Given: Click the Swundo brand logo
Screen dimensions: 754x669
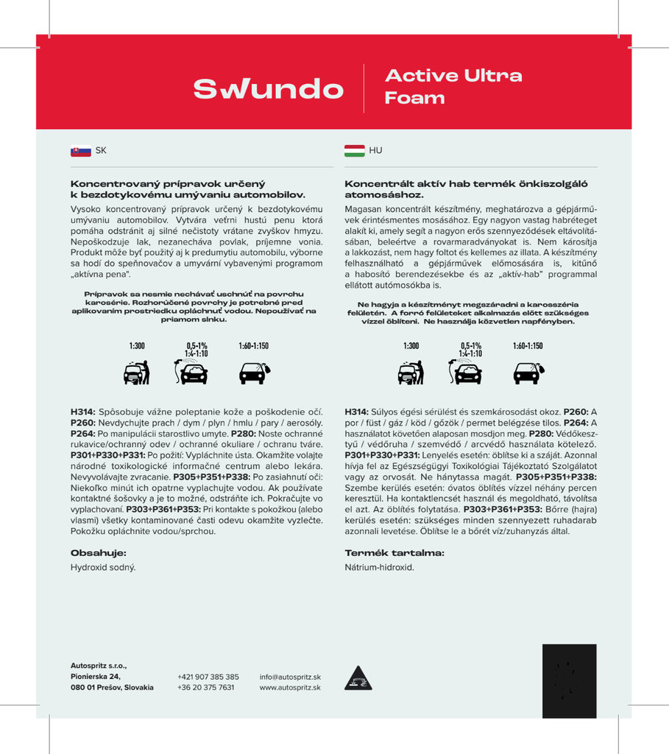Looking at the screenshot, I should (x=268, y=88).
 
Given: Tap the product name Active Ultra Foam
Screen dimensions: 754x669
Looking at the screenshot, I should (x=453, y=87).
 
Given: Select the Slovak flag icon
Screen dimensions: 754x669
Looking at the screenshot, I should (x=80, y=151).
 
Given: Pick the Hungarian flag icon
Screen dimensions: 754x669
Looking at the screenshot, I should (x=354, y=151).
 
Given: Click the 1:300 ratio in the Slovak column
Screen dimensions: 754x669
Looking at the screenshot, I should (x=137, y=345).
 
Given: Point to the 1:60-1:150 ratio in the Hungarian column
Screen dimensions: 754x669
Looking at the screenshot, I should (x=528, y=345).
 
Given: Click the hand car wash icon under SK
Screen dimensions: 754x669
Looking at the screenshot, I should (x=137, y=373).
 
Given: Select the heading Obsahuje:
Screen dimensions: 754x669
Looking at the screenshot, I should (x=99, y=552).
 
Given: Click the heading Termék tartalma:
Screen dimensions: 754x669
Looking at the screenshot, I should (x=394, y=552).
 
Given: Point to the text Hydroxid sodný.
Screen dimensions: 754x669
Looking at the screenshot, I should (x=103, y=568).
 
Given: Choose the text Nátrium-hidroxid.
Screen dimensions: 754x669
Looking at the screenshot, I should (x=380, y=568).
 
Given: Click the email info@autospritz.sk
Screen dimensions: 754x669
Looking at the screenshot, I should (x=290, y=677).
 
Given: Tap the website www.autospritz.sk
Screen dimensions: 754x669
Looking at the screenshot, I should (x=290, y=687).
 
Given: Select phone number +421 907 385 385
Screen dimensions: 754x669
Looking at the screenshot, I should (x=208, y=677).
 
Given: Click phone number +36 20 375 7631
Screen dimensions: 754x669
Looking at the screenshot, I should (x=206, y=687).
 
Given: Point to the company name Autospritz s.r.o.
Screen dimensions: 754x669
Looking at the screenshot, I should (x=99, y=666).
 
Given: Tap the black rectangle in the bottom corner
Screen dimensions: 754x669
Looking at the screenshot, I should (x=569, y=681).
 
